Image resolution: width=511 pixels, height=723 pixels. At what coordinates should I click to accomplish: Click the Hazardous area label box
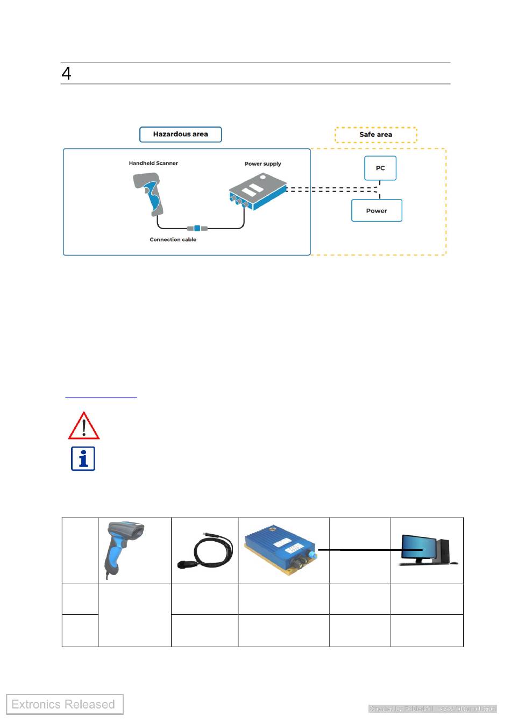click(x=180, y=134)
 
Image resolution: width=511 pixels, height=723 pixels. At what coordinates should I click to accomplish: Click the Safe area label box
click(x=375, y=134)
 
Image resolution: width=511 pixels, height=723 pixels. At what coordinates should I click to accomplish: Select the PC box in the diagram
click(x=380, y=168)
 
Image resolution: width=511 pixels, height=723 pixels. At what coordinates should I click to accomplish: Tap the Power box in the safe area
click(x=377, y=210)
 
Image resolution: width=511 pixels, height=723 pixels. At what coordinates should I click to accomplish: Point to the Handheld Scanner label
click(x=153, y=163)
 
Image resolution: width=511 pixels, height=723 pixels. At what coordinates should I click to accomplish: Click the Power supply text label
click(x=262, y=164)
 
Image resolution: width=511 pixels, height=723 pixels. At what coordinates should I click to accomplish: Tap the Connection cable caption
click(x=173, y=239)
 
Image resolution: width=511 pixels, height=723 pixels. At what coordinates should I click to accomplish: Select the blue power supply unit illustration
click(x=256, y=192)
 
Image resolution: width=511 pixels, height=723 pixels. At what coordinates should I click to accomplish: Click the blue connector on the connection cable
click(x=197, y=228)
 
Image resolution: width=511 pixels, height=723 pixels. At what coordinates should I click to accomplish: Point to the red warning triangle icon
click(x=83, y=426)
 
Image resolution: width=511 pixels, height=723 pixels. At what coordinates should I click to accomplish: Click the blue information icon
click(x=83, y=459)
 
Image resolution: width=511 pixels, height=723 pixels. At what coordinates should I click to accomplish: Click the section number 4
click(x=66, y=74)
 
